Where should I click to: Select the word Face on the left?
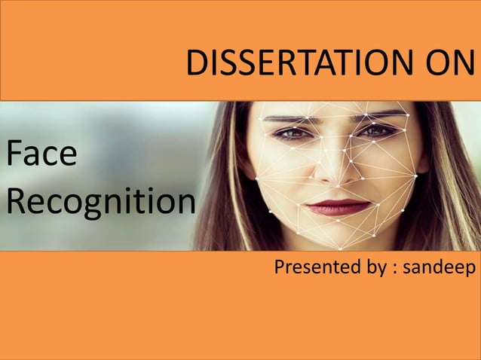tap(41, 155)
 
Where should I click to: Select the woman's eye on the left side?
tap(292, 133)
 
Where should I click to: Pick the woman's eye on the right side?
tap(377, 131)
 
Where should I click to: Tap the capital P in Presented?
tap(280, 267)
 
